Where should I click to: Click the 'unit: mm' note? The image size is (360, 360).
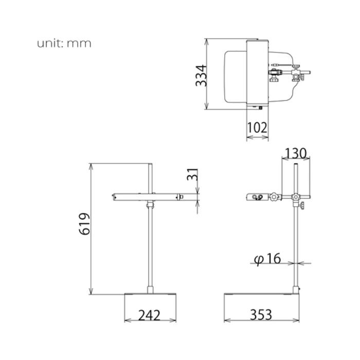64,43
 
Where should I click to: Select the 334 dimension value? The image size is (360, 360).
201,76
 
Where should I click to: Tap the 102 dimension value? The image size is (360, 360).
257,128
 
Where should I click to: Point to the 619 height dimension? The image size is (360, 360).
84,224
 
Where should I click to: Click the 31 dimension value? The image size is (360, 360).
192,174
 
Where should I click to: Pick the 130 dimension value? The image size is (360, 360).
296,153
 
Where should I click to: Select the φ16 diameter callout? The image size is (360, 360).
267,259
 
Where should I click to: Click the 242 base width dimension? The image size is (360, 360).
149,315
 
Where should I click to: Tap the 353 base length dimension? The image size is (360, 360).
261,315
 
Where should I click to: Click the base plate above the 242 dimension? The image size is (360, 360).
150,294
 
